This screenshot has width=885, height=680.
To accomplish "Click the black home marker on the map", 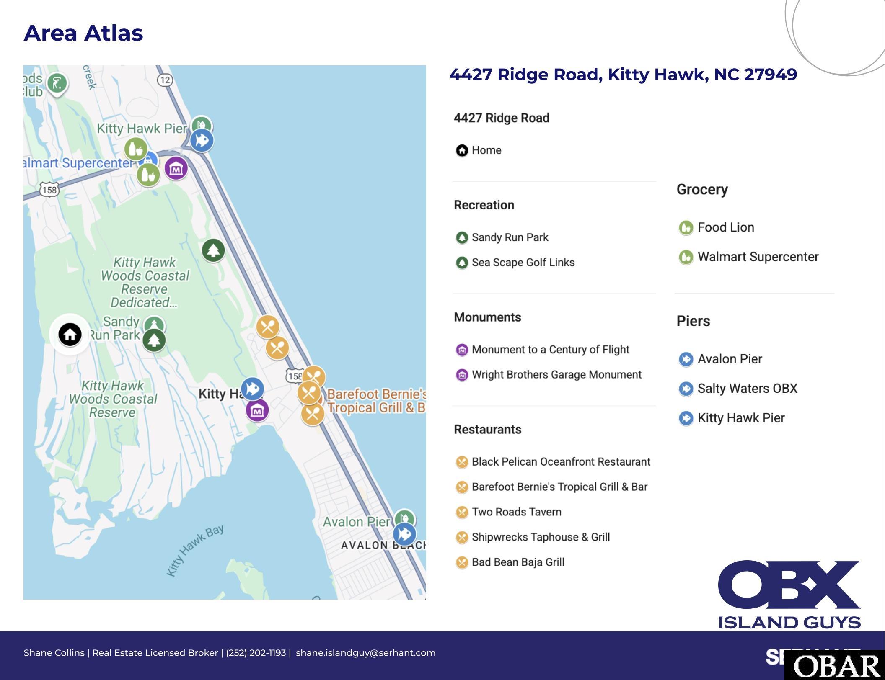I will click(70, 335).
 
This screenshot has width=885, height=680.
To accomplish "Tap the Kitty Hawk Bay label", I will click(195, 550).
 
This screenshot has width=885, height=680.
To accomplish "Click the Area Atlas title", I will click(83, 33).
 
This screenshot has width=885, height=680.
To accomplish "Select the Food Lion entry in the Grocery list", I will click(725, 227).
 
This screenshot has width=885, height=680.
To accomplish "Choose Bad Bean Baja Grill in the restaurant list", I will click(518, 562).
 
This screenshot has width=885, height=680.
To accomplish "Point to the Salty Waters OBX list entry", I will click(747, 389).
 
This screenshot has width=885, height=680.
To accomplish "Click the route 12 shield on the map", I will click(165, 80).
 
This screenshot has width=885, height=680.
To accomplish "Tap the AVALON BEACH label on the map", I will click(382, 545).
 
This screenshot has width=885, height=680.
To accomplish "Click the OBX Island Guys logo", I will click(789, 594).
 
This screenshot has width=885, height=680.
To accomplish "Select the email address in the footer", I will click(365, 653).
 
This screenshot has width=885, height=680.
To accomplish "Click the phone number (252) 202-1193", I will click(256, 653).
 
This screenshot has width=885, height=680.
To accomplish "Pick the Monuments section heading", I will click(487, 317).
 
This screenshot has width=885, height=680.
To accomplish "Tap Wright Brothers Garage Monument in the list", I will click(556, 375).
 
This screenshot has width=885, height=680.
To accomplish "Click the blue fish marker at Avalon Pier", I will click(404, 534).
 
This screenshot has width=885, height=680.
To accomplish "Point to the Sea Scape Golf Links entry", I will click(523, 263).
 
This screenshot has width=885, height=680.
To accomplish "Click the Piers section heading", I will click(693, 321).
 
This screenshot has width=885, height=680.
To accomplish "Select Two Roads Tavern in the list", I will click(516, 512).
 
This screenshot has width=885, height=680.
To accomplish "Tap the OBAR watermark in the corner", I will click(836, 666).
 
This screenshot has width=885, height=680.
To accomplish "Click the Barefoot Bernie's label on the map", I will click(375, 401).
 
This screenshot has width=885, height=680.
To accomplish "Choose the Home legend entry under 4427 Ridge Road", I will click(486, 150).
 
